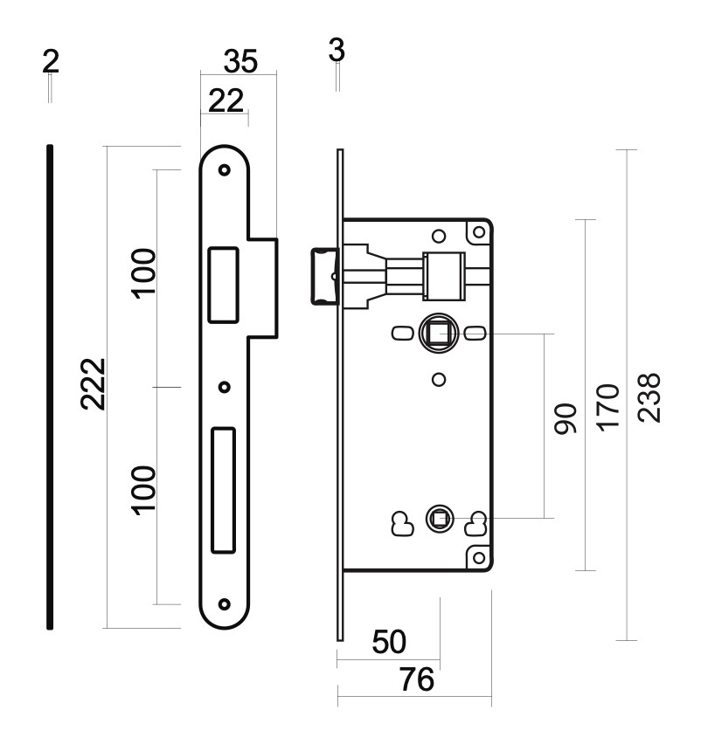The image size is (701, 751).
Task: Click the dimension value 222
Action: [93, 383]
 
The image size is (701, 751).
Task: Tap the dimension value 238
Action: [649, 397]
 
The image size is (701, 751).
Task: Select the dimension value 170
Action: [607, 407]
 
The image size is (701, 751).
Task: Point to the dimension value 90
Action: [566, 418]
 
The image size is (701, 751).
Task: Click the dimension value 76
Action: [417, 679]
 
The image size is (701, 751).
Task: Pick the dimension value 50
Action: [389, 642]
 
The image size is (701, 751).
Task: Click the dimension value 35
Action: [240, 61]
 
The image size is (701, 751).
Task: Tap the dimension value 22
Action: [226, 100]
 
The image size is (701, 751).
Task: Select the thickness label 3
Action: [337, 50]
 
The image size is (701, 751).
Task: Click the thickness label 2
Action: [51, 61]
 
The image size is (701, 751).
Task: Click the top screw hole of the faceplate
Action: [224, 169]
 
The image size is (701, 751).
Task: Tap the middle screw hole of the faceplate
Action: [224, 387]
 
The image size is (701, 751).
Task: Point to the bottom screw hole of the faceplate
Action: [224, 604]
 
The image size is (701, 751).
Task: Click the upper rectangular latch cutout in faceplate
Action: [223, 285]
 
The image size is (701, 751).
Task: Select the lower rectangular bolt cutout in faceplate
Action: [224, 490]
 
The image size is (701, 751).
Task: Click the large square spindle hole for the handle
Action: [438, 333]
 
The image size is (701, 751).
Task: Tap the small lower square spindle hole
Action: [438, 518]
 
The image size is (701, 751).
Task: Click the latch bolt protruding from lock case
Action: [325, 276]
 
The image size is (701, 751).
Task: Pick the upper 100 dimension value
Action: [144, 273]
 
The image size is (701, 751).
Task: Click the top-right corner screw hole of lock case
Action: [478, 232]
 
